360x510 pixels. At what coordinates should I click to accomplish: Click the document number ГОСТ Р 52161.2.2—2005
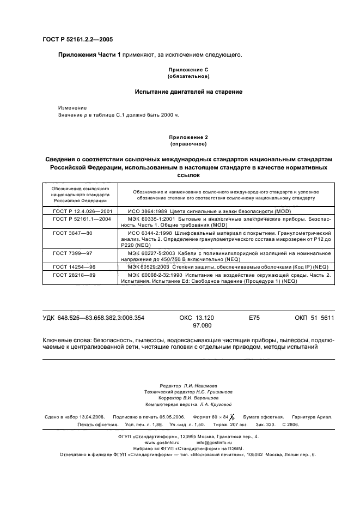pyautogui.click(x=77, y=39)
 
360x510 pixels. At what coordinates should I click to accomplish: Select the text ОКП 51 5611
pyautogui.click(x=314, y=318)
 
